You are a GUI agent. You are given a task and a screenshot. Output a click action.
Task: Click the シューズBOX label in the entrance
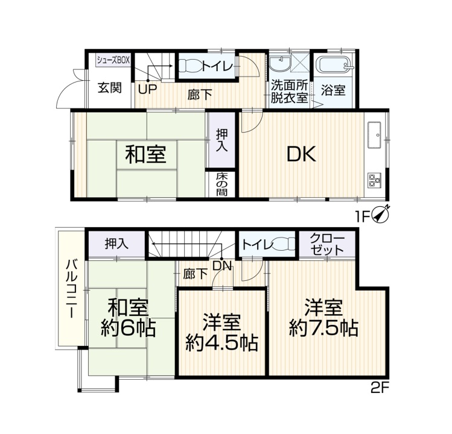click(x=113, y=60)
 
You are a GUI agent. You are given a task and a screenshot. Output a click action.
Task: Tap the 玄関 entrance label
click(x=110, y=88)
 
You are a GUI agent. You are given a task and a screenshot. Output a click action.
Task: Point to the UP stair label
click(x=147, y=90)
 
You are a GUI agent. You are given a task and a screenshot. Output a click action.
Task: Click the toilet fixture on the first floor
click(x=189, y=66)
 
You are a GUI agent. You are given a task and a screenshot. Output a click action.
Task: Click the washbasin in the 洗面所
click(x=279, y=63)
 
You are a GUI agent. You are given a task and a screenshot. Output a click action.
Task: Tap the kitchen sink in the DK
click(x=374, y=135)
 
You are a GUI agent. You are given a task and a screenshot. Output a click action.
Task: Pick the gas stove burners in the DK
click(x=374, y=181)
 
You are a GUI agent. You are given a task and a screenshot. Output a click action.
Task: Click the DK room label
click(x=302, y=154)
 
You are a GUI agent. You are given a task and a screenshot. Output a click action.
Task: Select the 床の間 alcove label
click(x=222, y=184)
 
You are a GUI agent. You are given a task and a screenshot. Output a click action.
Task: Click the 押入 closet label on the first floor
click(x=222, y=140)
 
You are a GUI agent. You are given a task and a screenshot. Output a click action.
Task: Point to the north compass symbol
click(x=381, y=214)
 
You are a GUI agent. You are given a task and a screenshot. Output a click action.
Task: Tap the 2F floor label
click(x=380, y=389)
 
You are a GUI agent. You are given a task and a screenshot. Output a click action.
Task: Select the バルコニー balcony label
click(x=72, y=289)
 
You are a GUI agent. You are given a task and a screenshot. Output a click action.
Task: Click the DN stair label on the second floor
click(x=221, y=266)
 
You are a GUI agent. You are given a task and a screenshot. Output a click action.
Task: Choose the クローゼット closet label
click(x=328, y=244)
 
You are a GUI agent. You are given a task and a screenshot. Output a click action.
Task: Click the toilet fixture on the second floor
click(x=284, y=244)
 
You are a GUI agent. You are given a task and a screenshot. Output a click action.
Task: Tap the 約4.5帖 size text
click(x=221, y=342)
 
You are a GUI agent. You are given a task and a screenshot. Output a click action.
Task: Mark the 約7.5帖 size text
click(x=323, y=328)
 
